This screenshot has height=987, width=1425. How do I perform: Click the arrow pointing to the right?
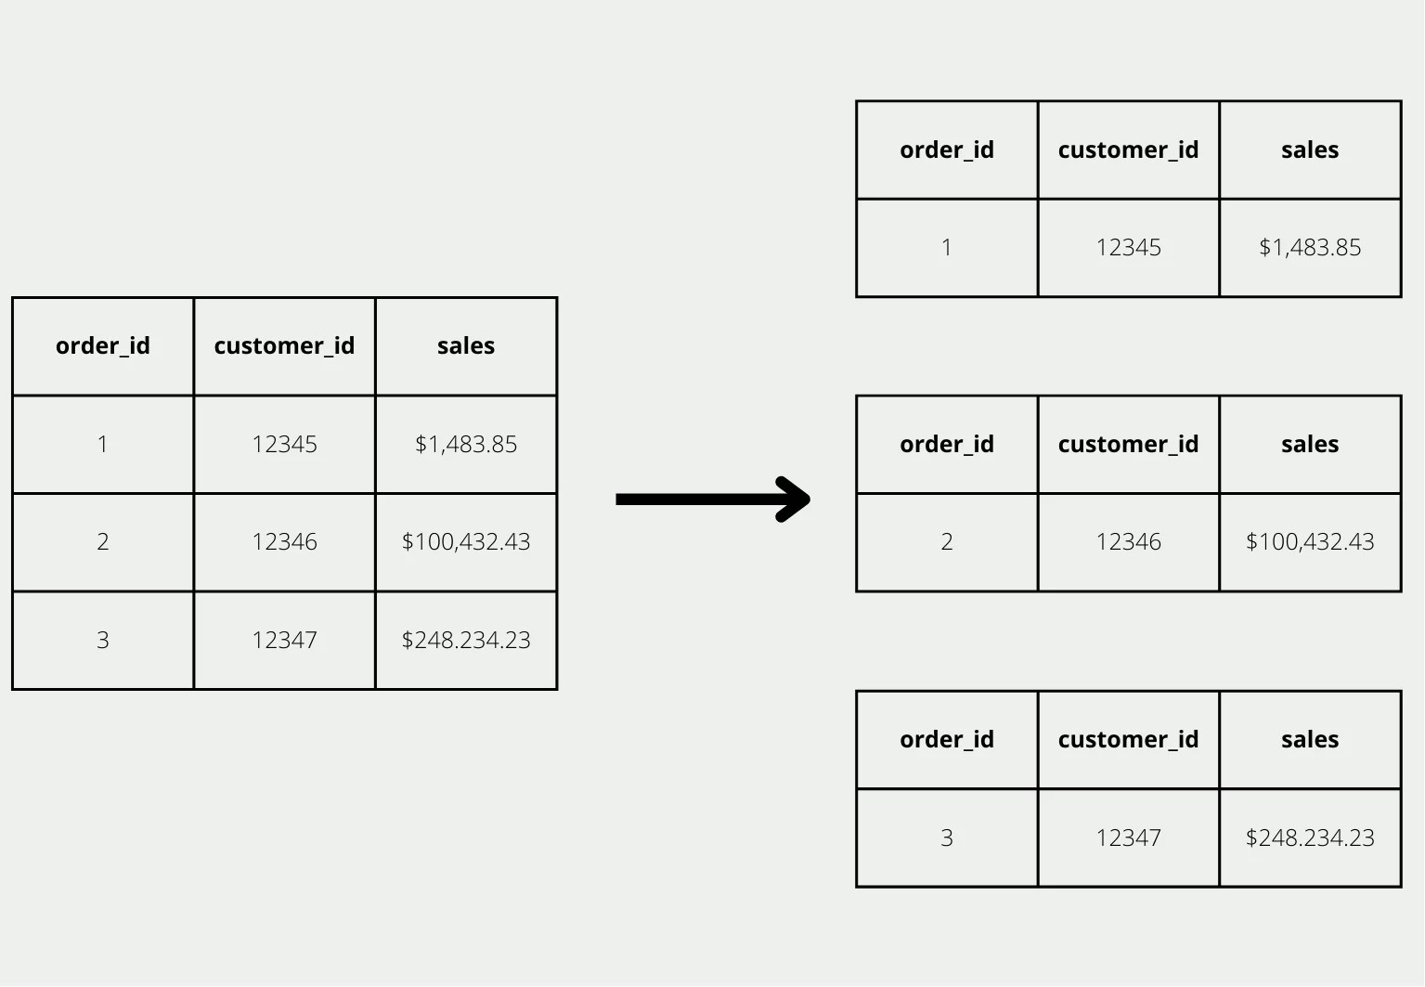coord(712,500)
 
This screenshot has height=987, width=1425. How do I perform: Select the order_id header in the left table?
coord(103,346)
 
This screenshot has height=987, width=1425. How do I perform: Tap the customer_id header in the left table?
coord(284,346)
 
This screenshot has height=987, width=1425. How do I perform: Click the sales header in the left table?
coord(466,346)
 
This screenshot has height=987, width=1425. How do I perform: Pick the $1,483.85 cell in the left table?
coord(466,445)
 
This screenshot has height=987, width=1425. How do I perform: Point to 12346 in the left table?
coord(284,542)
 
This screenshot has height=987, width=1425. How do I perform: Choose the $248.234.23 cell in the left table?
coord(466,641)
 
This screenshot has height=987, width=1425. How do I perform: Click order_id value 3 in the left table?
coord(103,641)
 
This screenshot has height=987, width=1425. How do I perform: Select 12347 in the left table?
coord(284,641)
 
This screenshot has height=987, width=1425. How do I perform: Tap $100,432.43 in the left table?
coord(466,542)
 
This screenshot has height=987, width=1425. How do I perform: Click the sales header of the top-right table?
coord(1310,150)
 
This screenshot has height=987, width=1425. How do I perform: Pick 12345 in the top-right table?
coord(1128,248)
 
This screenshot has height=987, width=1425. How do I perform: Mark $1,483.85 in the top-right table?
coord(1310,248)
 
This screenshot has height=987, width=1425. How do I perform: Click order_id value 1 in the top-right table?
coord(947,248)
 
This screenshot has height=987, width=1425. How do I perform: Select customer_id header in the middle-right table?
coord(1128,445)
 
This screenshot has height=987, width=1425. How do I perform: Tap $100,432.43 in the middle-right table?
coord(1310,542)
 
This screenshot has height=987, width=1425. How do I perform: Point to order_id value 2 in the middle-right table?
coord(947,542)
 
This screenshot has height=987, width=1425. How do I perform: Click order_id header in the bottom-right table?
coord(947,740)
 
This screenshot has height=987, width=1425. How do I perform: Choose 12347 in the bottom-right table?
coord(1128,838)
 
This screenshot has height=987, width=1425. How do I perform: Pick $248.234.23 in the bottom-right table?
coord(1310,838)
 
